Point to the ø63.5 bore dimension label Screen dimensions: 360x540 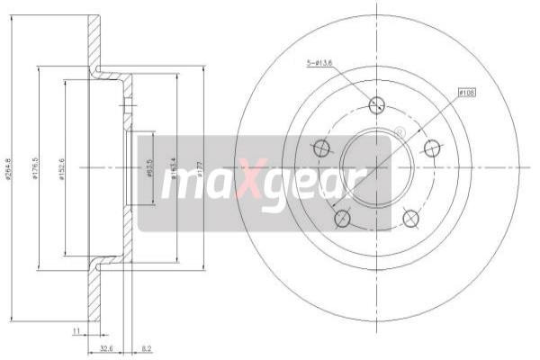click(x=148, y=167)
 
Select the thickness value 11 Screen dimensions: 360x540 click(x=77, y=332)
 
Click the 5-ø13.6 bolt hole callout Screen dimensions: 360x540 click(x=319, y=62)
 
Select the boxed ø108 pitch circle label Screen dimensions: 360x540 click(x=466, y=92)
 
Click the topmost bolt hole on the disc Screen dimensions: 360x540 click(x=377, y=105)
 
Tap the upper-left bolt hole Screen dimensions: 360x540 click(x=321, y=147)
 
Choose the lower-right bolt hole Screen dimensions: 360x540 click(x=410, y=218)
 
